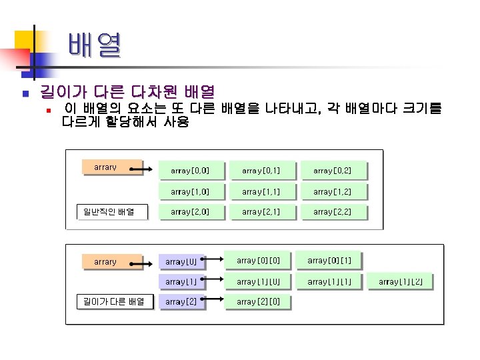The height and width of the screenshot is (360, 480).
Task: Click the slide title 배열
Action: coord(94,46)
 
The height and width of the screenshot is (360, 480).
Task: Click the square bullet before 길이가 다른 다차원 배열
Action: coord(23,92)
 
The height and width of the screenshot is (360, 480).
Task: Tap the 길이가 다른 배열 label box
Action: coord(113,301)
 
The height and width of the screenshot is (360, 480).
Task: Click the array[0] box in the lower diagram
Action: coord(181,262)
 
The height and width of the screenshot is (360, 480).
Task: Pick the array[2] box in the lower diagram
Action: coord(181,302)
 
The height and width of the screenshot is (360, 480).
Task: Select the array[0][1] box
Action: coord(334,259)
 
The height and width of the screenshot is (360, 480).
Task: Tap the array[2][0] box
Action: coord(263,302)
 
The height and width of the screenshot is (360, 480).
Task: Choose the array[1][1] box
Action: coord(334,281)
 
